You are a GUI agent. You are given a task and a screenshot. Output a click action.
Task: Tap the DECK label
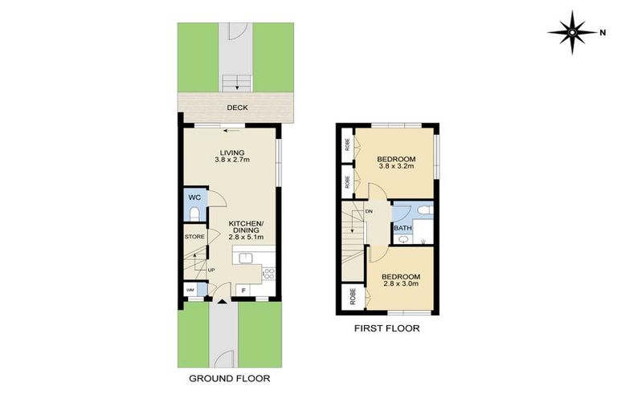click(236, 108)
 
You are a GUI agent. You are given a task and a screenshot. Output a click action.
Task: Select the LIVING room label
click(232, 152)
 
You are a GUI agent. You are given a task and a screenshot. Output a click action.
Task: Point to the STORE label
click(194, 237)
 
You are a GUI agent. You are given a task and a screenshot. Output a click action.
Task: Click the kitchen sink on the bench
click(247, 258)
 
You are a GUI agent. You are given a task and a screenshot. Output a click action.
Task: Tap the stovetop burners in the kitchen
click(268, 273)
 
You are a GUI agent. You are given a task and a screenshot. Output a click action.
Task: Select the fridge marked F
click(243, 290)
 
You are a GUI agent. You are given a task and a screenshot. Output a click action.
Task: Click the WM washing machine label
click(190, 290)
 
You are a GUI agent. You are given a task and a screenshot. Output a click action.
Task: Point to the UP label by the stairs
click(212, 270)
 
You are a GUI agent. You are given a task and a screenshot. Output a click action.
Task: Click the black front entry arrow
click(223, 302)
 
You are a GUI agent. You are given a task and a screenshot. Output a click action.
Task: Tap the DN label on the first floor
click(369, 211)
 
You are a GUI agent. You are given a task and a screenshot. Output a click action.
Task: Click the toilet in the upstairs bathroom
click(426, 211)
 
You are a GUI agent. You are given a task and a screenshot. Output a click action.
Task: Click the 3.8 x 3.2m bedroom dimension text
click(395, 167)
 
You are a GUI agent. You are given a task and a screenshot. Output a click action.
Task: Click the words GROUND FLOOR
click(229, 378)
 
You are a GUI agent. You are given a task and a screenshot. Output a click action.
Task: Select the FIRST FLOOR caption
click(387, 328)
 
